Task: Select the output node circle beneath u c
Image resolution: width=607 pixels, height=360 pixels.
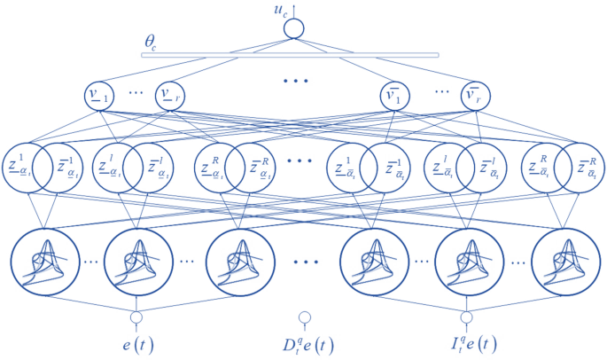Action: [293, 30]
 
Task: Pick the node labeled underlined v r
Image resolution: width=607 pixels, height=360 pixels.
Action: [170, 97]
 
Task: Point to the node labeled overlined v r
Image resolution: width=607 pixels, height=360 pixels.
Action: [473, 97]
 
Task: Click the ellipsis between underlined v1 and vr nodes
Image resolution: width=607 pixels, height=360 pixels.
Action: [136, 93]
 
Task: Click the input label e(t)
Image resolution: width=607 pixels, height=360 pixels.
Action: [138, 342]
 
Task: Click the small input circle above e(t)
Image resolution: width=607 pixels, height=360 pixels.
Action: [137, 317]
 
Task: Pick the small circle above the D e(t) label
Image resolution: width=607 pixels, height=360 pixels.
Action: [304, 317]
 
